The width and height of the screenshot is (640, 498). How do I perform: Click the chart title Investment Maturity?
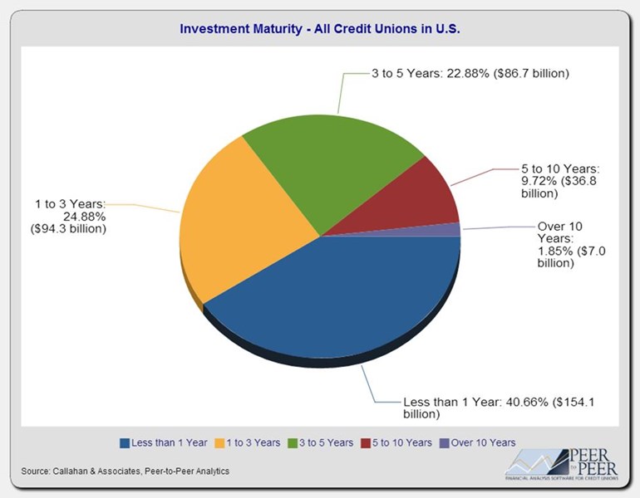320,29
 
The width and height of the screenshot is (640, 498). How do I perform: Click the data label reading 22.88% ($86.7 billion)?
470,74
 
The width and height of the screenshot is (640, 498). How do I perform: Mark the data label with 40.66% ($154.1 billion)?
498,407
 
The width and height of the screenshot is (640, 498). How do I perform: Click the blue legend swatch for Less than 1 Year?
126,442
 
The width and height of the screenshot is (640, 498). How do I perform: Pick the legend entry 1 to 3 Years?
249,442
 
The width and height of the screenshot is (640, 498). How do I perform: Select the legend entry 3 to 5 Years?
322,442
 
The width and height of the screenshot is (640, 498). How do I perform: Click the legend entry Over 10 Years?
480,442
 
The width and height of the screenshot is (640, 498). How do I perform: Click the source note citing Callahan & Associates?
125,471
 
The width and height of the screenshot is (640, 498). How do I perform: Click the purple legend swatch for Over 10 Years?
445,442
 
